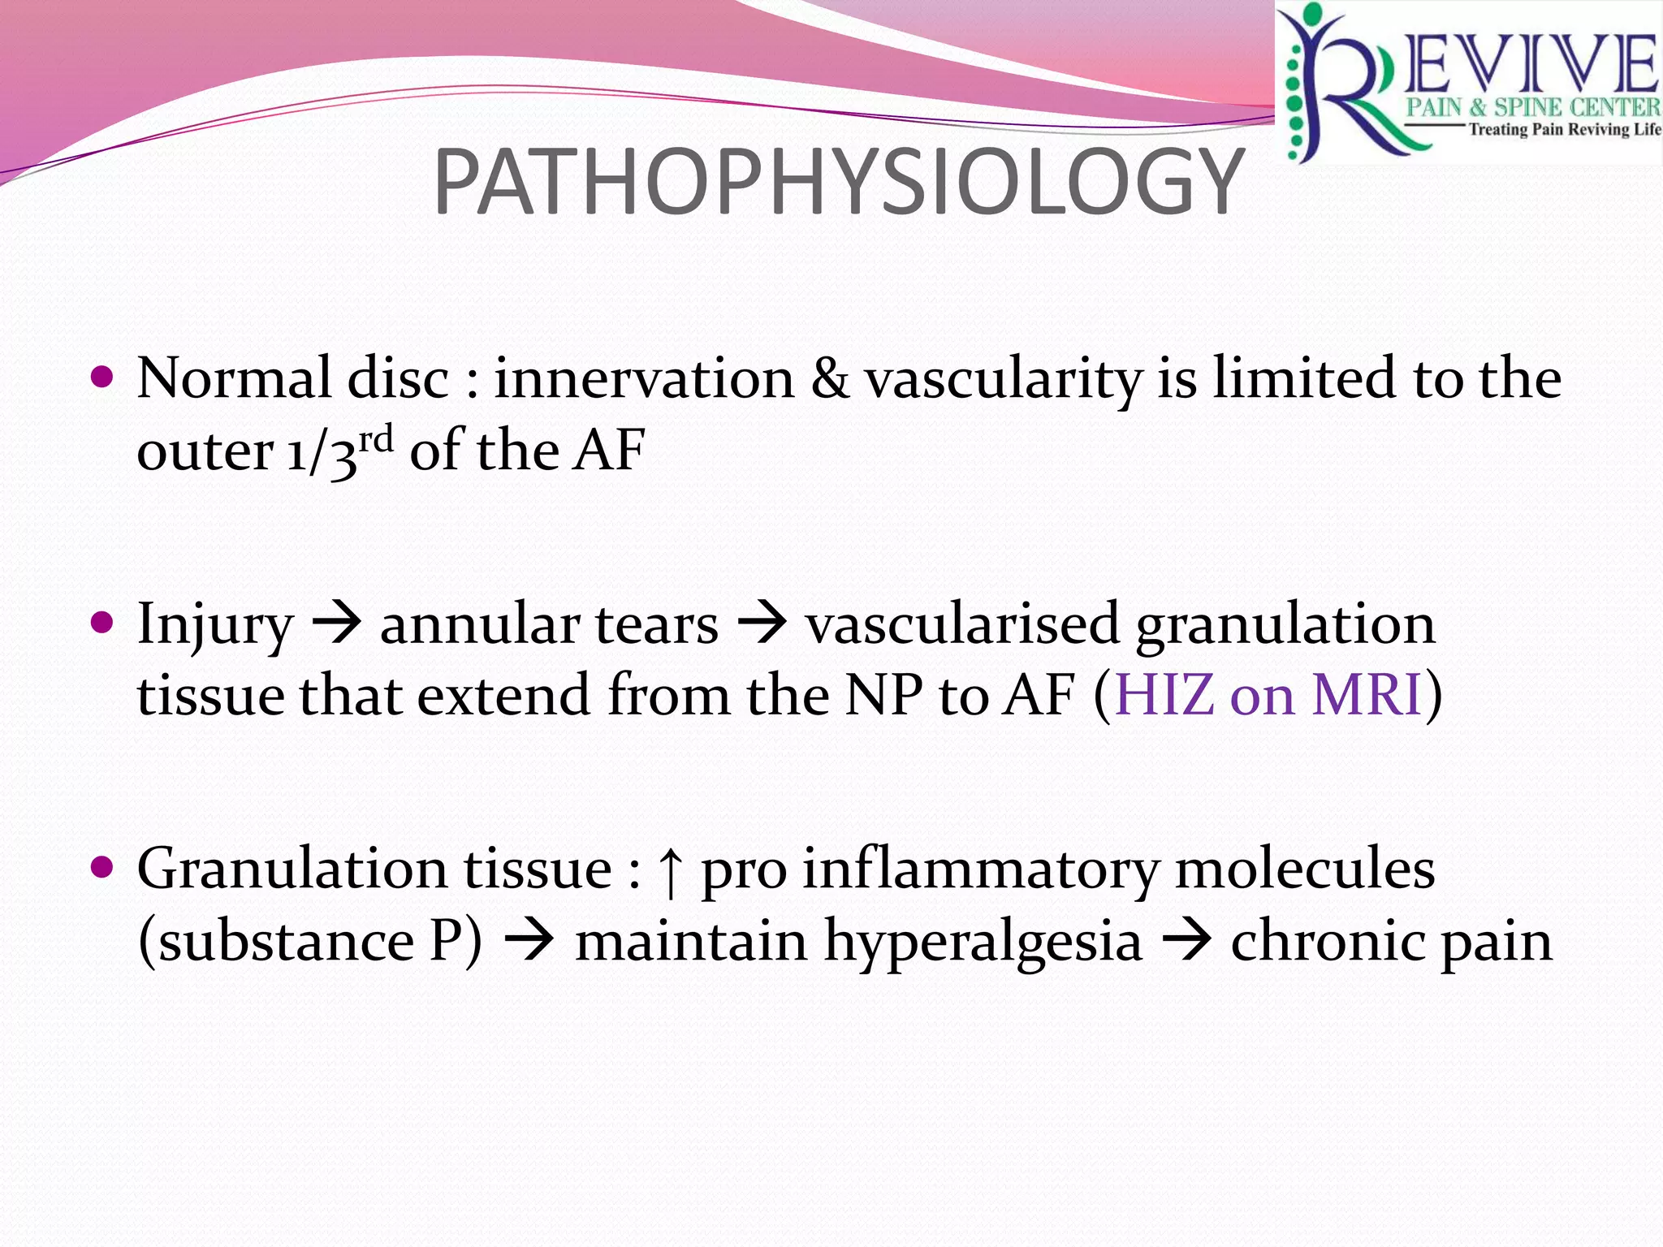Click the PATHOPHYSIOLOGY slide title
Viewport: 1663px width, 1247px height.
click(838, 183)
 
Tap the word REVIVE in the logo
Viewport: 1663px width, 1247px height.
click(1527, 65)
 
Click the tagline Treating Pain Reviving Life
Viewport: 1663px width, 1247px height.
click(1564, 130)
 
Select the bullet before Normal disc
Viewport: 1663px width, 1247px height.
click(102, 378)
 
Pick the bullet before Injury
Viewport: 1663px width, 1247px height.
click(102, 623)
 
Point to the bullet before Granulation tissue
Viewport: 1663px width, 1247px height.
click(102, 869)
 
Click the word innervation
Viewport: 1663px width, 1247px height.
click(644, 379)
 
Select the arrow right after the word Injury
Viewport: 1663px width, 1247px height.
click(337, 625)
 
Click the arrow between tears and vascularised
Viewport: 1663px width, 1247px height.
click(762, 625)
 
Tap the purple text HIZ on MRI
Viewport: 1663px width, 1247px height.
click(1268, 695)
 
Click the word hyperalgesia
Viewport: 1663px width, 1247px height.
click(983, 942)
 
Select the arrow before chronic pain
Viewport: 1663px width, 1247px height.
click(1187, 942)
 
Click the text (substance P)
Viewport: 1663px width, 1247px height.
click(310, 942)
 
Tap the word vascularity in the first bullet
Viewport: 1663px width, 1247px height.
click(1003, 379)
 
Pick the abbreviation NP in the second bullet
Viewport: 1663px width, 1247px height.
click(883, 695)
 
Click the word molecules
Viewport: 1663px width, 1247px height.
click(1304, 869)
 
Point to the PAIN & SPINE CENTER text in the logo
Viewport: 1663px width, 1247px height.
click(1533, 107)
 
